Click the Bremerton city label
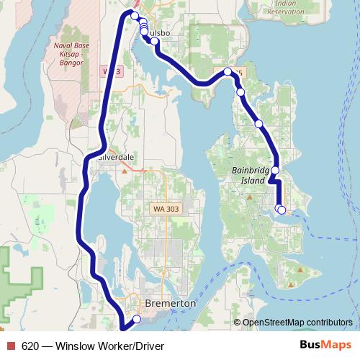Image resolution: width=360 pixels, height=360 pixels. click(170, 305)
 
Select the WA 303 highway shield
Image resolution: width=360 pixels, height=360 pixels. click(164, 208)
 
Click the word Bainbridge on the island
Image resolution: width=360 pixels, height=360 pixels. click(250, 170)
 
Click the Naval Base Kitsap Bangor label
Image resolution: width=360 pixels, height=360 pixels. click(71, 53)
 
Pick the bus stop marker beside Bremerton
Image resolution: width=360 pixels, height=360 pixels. click(137, 319)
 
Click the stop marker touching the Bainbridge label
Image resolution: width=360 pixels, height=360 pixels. click(275, 171)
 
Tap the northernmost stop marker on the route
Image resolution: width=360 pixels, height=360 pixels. click(134, 15)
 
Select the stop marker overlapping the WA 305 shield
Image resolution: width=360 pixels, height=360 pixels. click(228, 72)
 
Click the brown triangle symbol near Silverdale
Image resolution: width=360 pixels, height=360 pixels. click(125, 171)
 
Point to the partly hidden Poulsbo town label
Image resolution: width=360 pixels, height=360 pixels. click(160, 33)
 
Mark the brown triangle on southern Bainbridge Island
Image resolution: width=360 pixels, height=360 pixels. click(300, 271)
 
